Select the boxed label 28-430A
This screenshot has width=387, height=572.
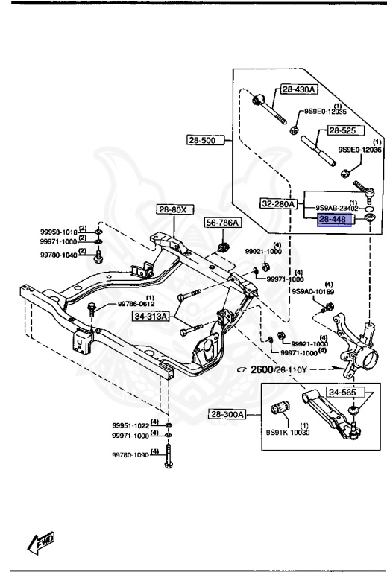[299, 89]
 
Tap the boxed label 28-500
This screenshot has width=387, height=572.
[206, 140]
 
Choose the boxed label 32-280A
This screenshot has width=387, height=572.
[279, 203]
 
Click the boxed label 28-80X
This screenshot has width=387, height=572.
[175, 209]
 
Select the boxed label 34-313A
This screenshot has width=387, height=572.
[151, 316]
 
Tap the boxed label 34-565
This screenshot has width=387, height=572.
[342, 393]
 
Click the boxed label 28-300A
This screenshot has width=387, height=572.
[227, 414]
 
